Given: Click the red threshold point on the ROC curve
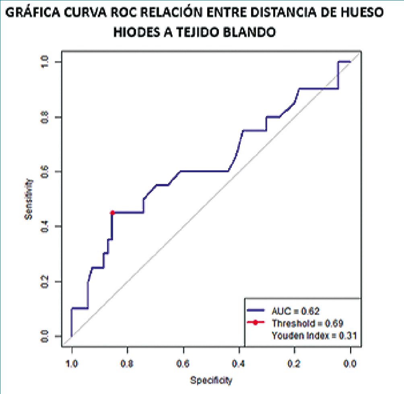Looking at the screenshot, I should pos(112,212).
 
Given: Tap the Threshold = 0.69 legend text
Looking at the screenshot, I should pos(307,323).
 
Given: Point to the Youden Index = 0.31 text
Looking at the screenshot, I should pos(313,335).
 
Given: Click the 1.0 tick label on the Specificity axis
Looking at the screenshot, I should pos(72,364).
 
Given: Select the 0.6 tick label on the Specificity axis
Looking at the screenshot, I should pos(183,364).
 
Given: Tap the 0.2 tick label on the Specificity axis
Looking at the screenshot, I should pos(295,364).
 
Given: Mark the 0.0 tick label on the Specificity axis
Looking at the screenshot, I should pos(350,364).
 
